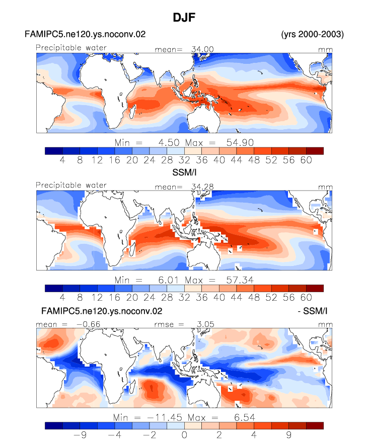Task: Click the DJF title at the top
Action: click(x=184, y=18)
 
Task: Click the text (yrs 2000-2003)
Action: click(x=312, y=34)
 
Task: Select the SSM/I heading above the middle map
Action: click(x=184, y=172)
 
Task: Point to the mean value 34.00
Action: click(x=202, y=49)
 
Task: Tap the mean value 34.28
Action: click(x=202, y=187)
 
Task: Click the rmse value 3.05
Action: click(x=205, y=324)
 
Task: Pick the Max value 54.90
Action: click(x=240, y=142)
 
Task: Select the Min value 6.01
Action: click(x=168, y=280)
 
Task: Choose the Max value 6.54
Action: click(x=245, y=417)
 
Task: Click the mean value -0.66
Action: click(x=88, y=324)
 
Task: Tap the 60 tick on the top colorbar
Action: click(x=306, y=160)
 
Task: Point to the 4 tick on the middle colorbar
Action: click(x=62, y=297)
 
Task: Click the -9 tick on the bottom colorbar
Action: click(x=80, y=434)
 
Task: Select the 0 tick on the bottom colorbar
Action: click(x=184, y=434)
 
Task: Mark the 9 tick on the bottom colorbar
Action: click(x=288, y=434)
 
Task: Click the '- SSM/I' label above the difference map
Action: click(x=313, y=311)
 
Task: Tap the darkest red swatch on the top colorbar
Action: click(x=315, y=151)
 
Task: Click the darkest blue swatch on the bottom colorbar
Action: click(x=53, y=425)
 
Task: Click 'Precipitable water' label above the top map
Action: click(x=71, y=48)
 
